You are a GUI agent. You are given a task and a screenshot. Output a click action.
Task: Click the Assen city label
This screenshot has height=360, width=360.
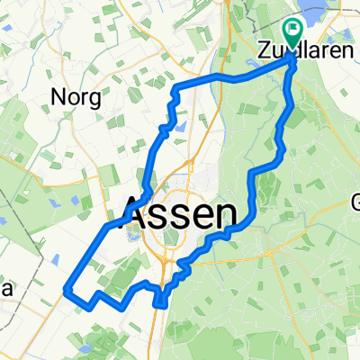[184, 215]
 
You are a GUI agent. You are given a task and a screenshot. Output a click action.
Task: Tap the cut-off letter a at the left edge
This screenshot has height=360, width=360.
[4, 288]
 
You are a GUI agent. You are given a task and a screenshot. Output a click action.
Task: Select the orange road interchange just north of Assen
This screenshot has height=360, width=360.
[191, 163]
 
